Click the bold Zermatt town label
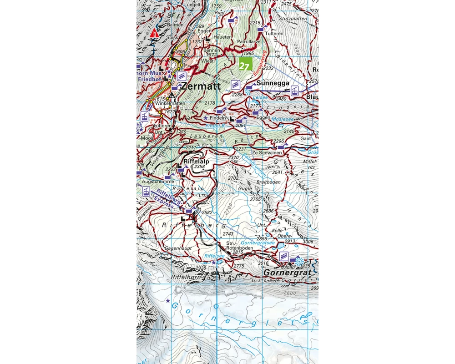coord(201,86)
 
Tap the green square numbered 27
coord(245,65)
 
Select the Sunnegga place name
coord(273,83)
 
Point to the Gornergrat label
coord(288,272)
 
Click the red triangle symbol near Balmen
coord(155,33)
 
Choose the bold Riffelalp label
coord(197,161)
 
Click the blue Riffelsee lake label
coord(214,256)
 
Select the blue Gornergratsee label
coord(258,243)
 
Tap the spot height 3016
coord(263,263)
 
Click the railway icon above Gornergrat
coord(284,256)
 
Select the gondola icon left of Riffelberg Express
coord(146,191)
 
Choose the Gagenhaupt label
coord(178,248)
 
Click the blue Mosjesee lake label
coord(283,119)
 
